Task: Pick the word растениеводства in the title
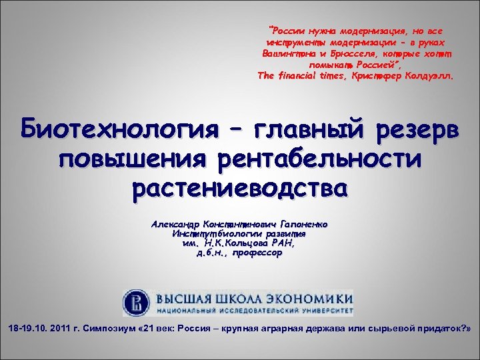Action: [x=240, y=189]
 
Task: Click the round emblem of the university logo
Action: [x=137, y=301]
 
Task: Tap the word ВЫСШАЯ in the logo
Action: [x=181, y=297]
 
